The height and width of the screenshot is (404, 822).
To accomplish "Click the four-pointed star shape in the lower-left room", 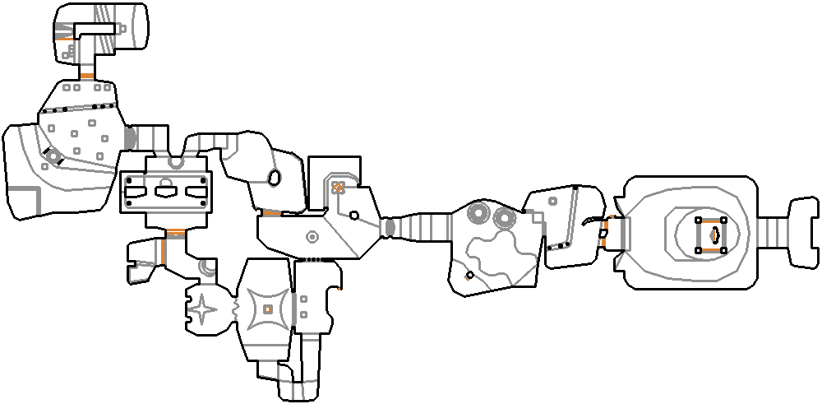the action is [x=203, y=310].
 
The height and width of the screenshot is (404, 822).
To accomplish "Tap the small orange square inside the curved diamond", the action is [x=268, y=309].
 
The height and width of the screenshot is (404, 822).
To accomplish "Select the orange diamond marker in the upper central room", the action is [x=337, y=188].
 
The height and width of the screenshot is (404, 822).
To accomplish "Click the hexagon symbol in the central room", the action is [x=312, y=237].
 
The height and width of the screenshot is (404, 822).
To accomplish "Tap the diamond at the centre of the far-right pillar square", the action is [x=713, y=235].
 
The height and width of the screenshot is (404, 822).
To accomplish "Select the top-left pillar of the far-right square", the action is [x=698, y=221].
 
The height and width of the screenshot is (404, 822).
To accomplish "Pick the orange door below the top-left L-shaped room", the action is [x=86, y=77].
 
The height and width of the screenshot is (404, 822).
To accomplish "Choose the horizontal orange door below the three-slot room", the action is [x=174, y=233].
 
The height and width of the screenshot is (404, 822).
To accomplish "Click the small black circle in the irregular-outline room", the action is [x=469, y=275].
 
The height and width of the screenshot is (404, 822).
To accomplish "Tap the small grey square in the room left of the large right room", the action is [x=553, y=201].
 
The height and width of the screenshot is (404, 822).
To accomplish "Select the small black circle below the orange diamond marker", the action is [x=353, y=215].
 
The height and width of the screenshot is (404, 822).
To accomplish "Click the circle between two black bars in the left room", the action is [x=53, y=156].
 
